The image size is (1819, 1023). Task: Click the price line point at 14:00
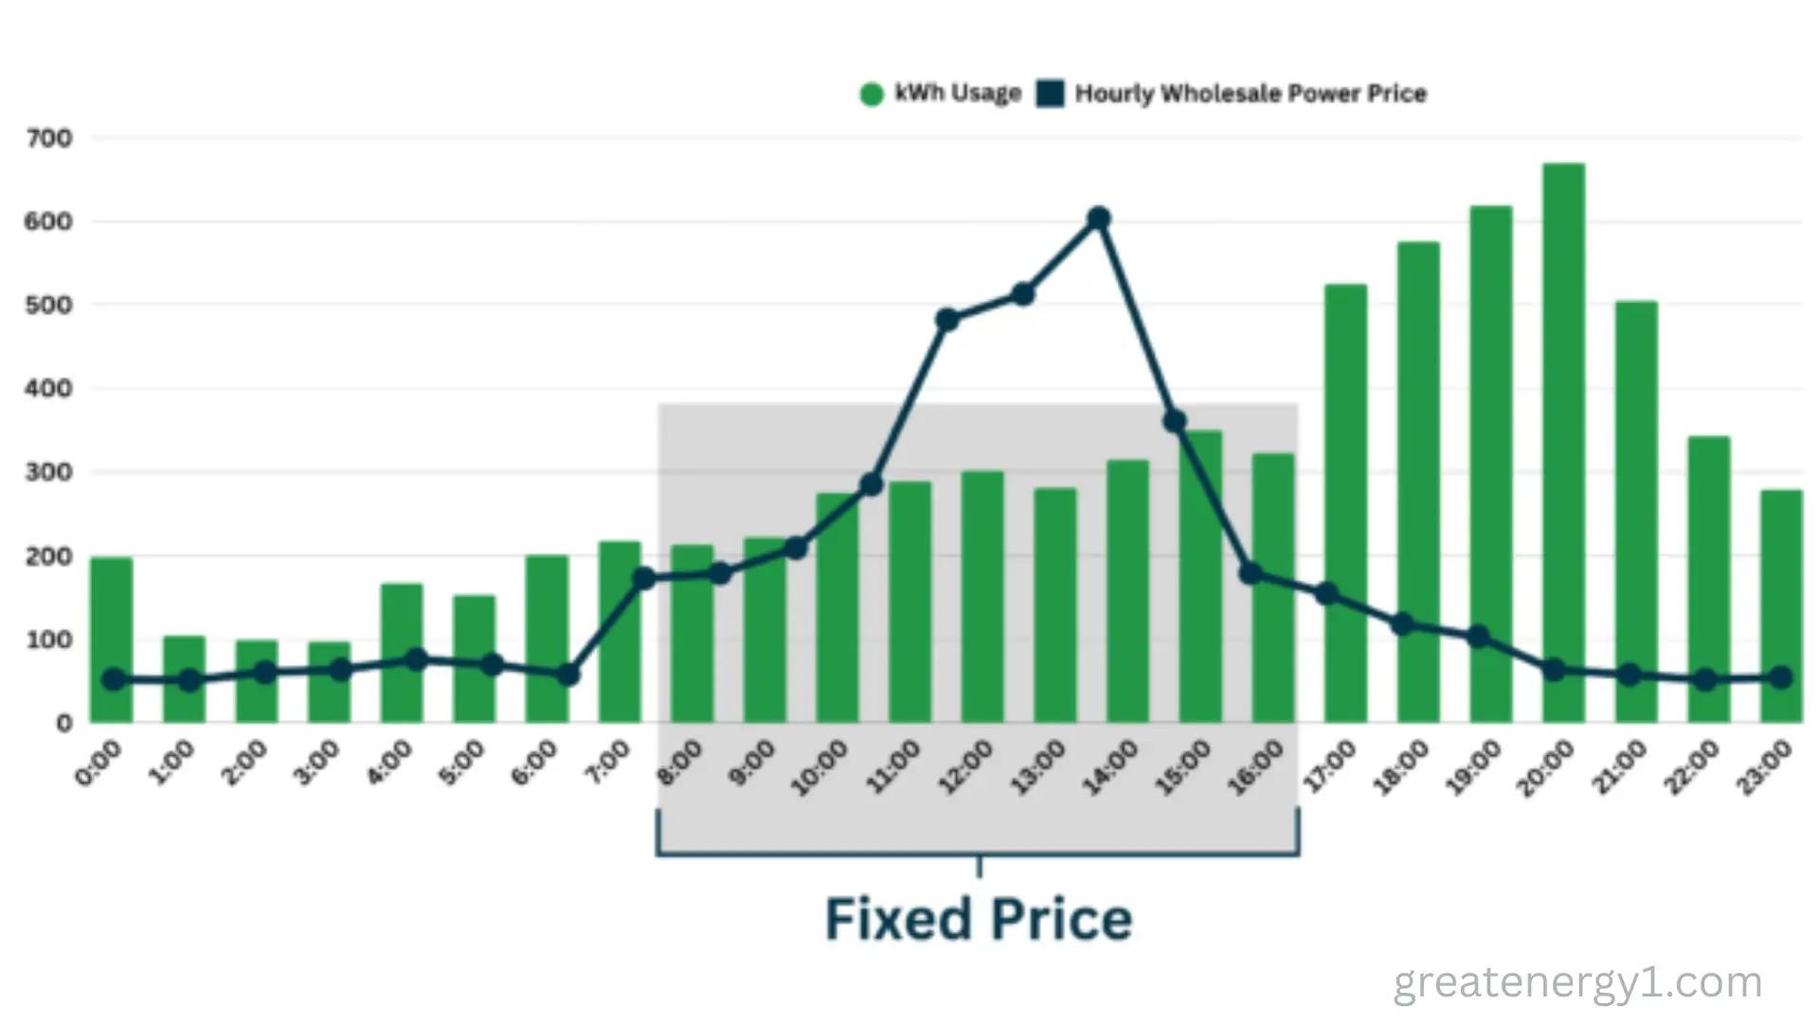pos(1098,219)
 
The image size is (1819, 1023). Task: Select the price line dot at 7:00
pos(644,578)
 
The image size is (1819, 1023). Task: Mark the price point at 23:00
pos(1780,677)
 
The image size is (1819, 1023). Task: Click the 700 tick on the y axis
pos(49,139)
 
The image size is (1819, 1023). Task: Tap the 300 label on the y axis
pos(49,472)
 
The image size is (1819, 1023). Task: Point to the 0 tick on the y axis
pos(63,724)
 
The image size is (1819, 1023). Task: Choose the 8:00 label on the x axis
pos(680,763)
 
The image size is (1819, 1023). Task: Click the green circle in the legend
pos(872,94)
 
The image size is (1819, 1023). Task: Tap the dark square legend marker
pos(1050,94)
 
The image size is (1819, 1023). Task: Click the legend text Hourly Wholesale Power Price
pos(1251,94)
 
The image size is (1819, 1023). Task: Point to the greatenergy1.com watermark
pos(1577,983)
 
